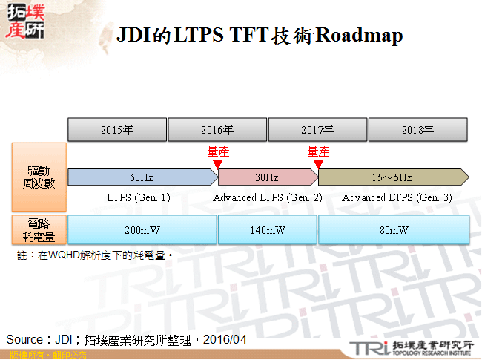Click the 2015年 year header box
point(117,129)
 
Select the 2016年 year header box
point(217,129)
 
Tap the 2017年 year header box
point(317,129)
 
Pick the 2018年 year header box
point(417,129)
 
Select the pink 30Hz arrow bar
point(268,177)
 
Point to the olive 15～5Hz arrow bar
point(393,177)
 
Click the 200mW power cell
point(142,230)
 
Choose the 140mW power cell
point(268,230)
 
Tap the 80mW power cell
point(394,230)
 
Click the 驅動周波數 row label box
point(39,177)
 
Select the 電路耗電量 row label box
point(39,230)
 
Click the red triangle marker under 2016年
point(217,163)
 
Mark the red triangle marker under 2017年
point(318,163)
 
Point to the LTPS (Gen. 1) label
point(139,198)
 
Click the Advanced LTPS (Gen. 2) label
point(268,198)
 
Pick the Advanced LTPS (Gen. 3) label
point(397,198)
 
